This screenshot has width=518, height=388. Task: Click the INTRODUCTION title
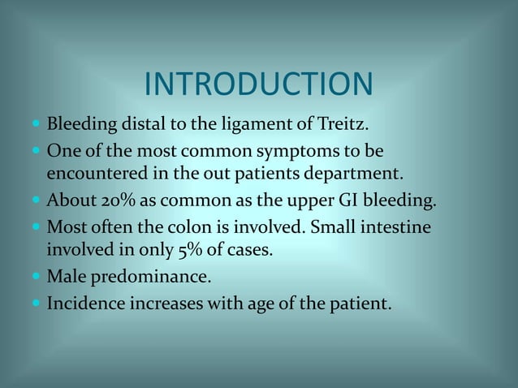pyautogui.click(x=258, y=84)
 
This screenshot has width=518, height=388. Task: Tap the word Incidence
pyautogui.click(x=83, y=305)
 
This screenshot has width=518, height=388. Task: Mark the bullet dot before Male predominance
pyautogui.click(x=36, y=278)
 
